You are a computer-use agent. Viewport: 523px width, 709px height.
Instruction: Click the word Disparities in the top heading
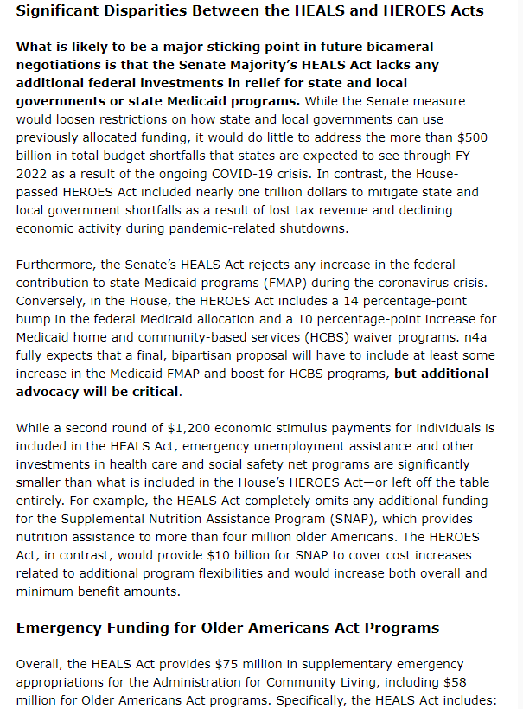pyautogui.click(x=138, y=11)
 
